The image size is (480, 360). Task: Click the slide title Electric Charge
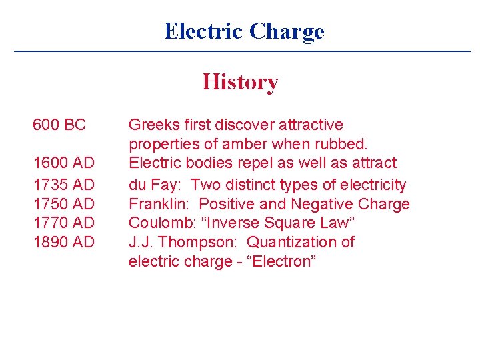click(244, 31)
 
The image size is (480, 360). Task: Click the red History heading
click(240, 82)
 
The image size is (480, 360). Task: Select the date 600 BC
click(59, 125)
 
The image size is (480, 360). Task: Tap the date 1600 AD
click(64, 163)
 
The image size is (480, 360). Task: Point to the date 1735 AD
click(64, 184)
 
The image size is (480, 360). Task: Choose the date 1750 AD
click(64, 203)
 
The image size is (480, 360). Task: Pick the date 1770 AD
click(64, 222)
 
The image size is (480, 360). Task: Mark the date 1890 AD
click(64, 241)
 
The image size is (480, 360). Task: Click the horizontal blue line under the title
click(243, 51)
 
